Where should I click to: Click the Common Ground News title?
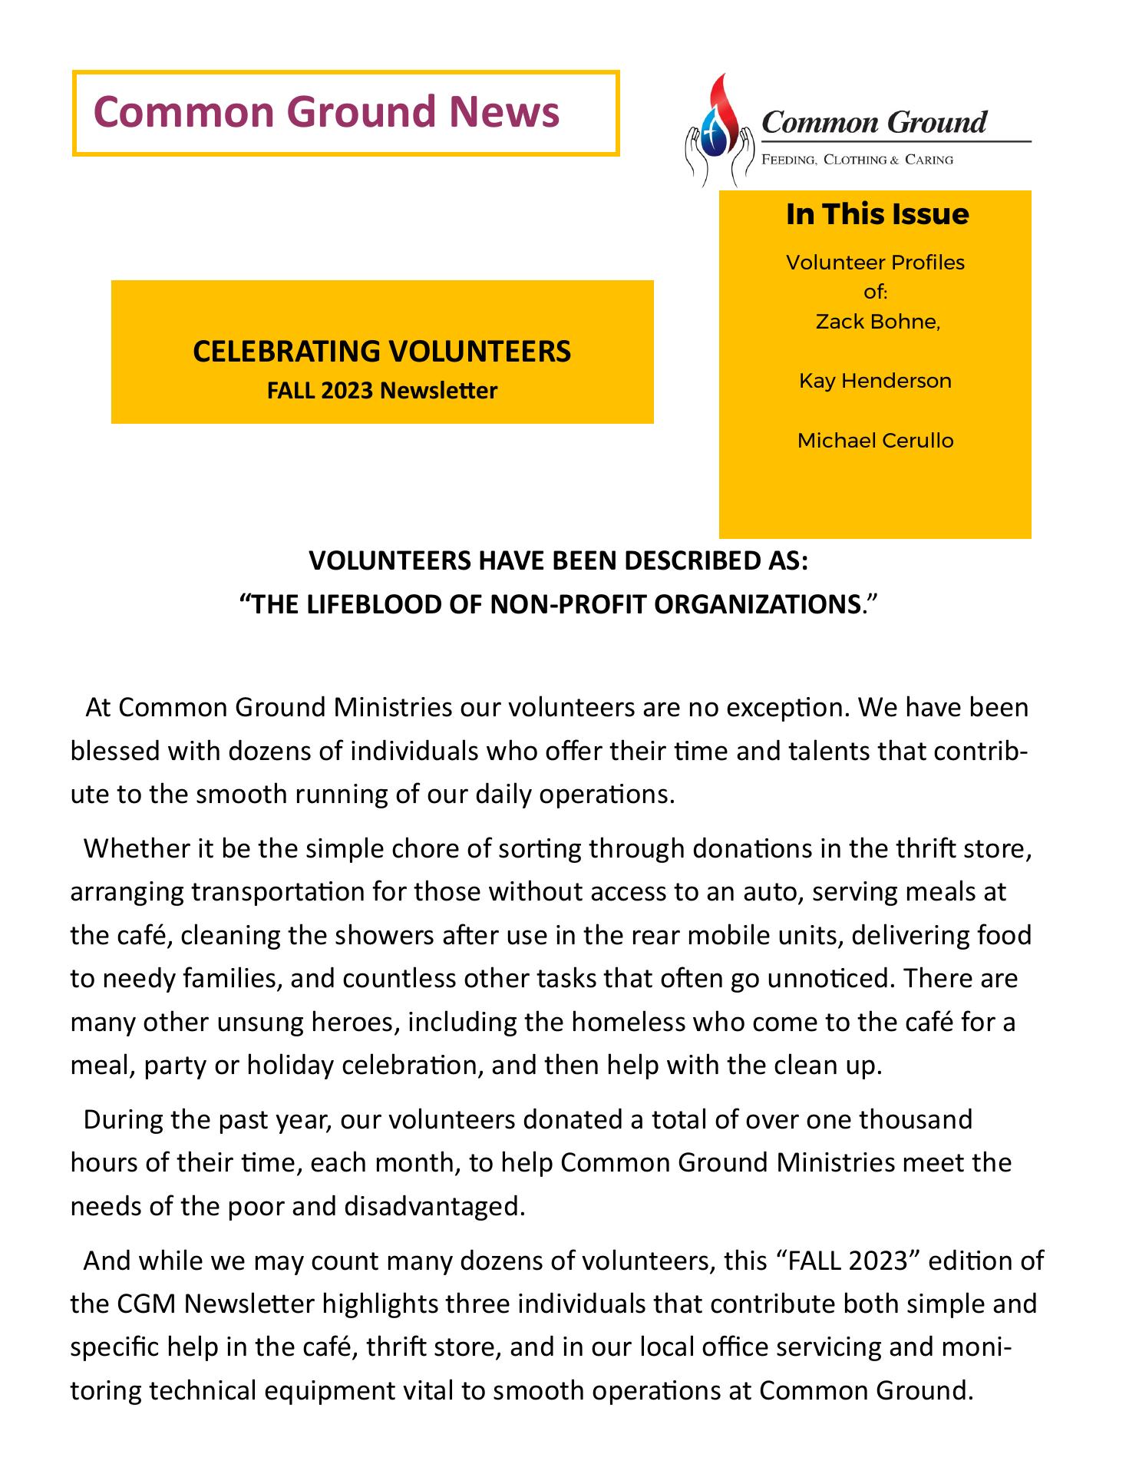[326, 111]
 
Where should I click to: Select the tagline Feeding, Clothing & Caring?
[857, 160]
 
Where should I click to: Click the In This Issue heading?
[877, 214]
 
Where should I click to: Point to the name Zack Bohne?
[877, 322]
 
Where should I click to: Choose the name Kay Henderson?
[875, 381]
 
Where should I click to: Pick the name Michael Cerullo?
[875, 441]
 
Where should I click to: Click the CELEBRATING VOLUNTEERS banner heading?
[381, 351]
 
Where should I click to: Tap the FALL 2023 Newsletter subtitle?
[381, 391]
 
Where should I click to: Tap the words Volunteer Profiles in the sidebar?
[875, 263]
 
